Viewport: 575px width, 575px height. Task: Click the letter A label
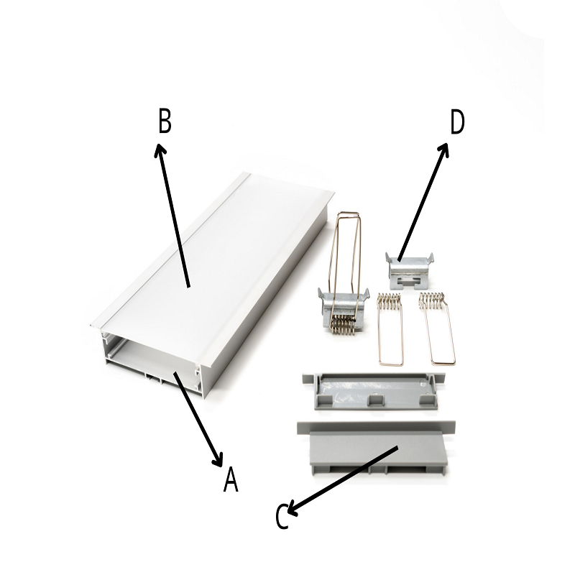[x=231, y=479]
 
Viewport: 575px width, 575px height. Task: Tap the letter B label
[x=165, y=121]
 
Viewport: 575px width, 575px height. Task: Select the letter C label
[x=282, y=516]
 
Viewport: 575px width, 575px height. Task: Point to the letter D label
[x=457, y=121]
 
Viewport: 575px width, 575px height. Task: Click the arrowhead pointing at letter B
[x=160, y=149]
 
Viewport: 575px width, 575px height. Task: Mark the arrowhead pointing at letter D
[x=443, y=149]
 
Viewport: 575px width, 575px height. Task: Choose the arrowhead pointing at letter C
[x=293, y=509]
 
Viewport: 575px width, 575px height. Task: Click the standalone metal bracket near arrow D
[x=410, y=271]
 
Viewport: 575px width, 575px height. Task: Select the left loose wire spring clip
[x=390, y=329]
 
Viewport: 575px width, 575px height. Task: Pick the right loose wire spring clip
[x=438, y=328]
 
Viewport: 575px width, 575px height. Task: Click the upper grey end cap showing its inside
[x=374, y=391]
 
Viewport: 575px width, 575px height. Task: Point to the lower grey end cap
[x=376, y=448]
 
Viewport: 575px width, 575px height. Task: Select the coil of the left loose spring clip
[x=390, y=300]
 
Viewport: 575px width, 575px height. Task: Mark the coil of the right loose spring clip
[x=433, y=299]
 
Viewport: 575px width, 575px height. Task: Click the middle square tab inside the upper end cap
[x=374, y=400]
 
